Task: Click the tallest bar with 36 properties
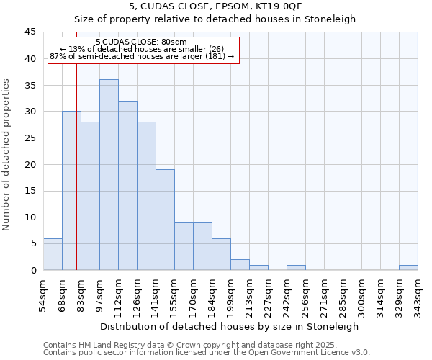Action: click(x=109, y=175)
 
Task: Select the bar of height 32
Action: click(x=127, y=186)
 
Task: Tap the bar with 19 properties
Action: click(x=165, y=220)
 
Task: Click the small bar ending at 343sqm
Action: click(x=408, y=267)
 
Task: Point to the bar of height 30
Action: click(x=71, y=191)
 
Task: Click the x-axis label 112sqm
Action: click(x=118, y=295)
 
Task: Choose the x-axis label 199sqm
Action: click(x=230, y=295)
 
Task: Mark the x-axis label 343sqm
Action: click(x=418, y=295)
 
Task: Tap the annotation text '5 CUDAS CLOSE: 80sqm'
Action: click(x=141, y=42)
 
